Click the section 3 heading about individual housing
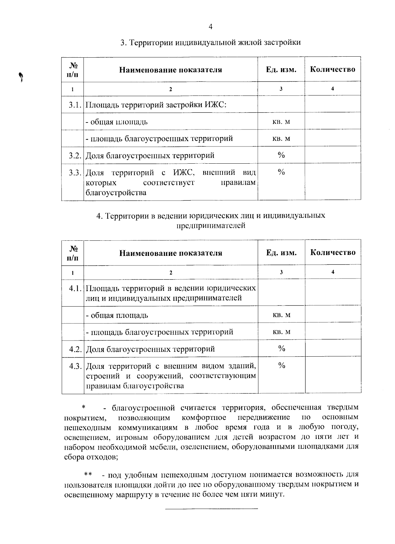[x=210, y=43]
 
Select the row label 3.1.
[x=75, y=105]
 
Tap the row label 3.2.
[x=75, y=155]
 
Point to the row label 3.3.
[x=75, y=173]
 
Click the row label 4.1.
[x=75, y=288]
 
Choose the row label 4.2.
[x=75, y=349]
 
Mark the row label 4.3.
[x=75, y=366]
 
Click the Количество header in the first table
[x=333, y=69]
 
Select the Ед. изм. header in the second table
[x=281, y=253]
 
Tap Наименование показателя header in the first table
[x=171, y=70]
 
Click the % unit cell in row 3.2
[x=281, y=155]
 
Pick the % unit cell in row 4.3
[x=281, y=365]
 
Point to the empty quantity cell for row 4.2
[x=333, y=349]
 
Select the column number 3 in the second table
[x=281, y=272]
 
